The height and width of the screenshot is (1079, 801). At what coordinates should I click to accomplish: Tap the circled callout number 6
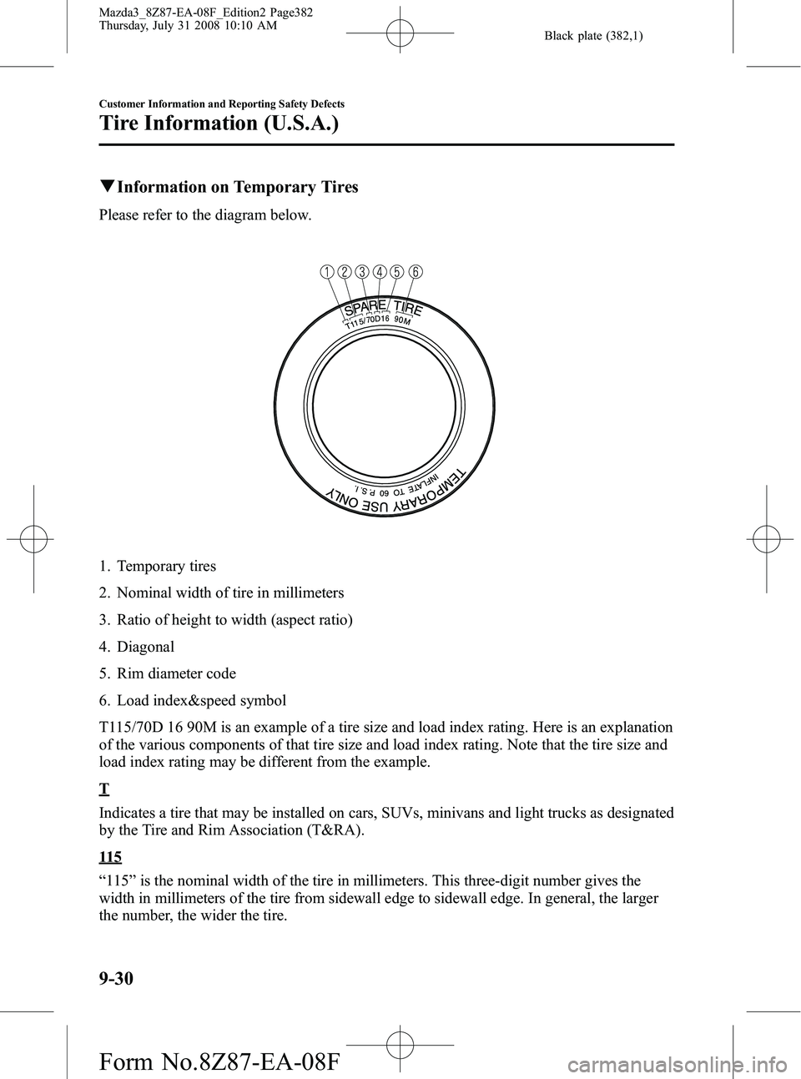coord(415,271)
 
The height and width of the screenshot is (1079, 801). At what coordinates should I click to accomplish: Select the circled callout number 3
coord(361,271)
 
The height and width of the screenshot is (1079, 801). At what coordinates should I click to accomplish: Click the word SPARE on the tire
coord(365,306)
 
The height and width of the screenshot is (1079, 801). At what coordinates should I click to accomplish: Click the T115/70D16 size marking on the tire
coord(366,321)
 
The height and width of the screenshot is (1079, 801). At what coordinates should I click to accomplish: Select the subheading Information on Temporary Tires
coord(229,187)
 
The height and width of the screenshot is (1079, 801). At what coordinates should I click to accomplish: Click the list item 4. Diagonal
coord(139,646)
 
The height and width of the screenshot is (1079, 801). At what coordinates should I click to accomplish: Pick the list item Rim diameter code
coord(176,673)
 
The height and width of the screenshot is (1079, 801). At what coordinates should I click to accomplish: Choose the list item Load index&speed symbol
coord(201,699)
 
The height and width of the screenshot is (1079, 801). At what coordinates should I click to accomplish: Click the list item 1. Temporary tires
coord(158,566)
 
